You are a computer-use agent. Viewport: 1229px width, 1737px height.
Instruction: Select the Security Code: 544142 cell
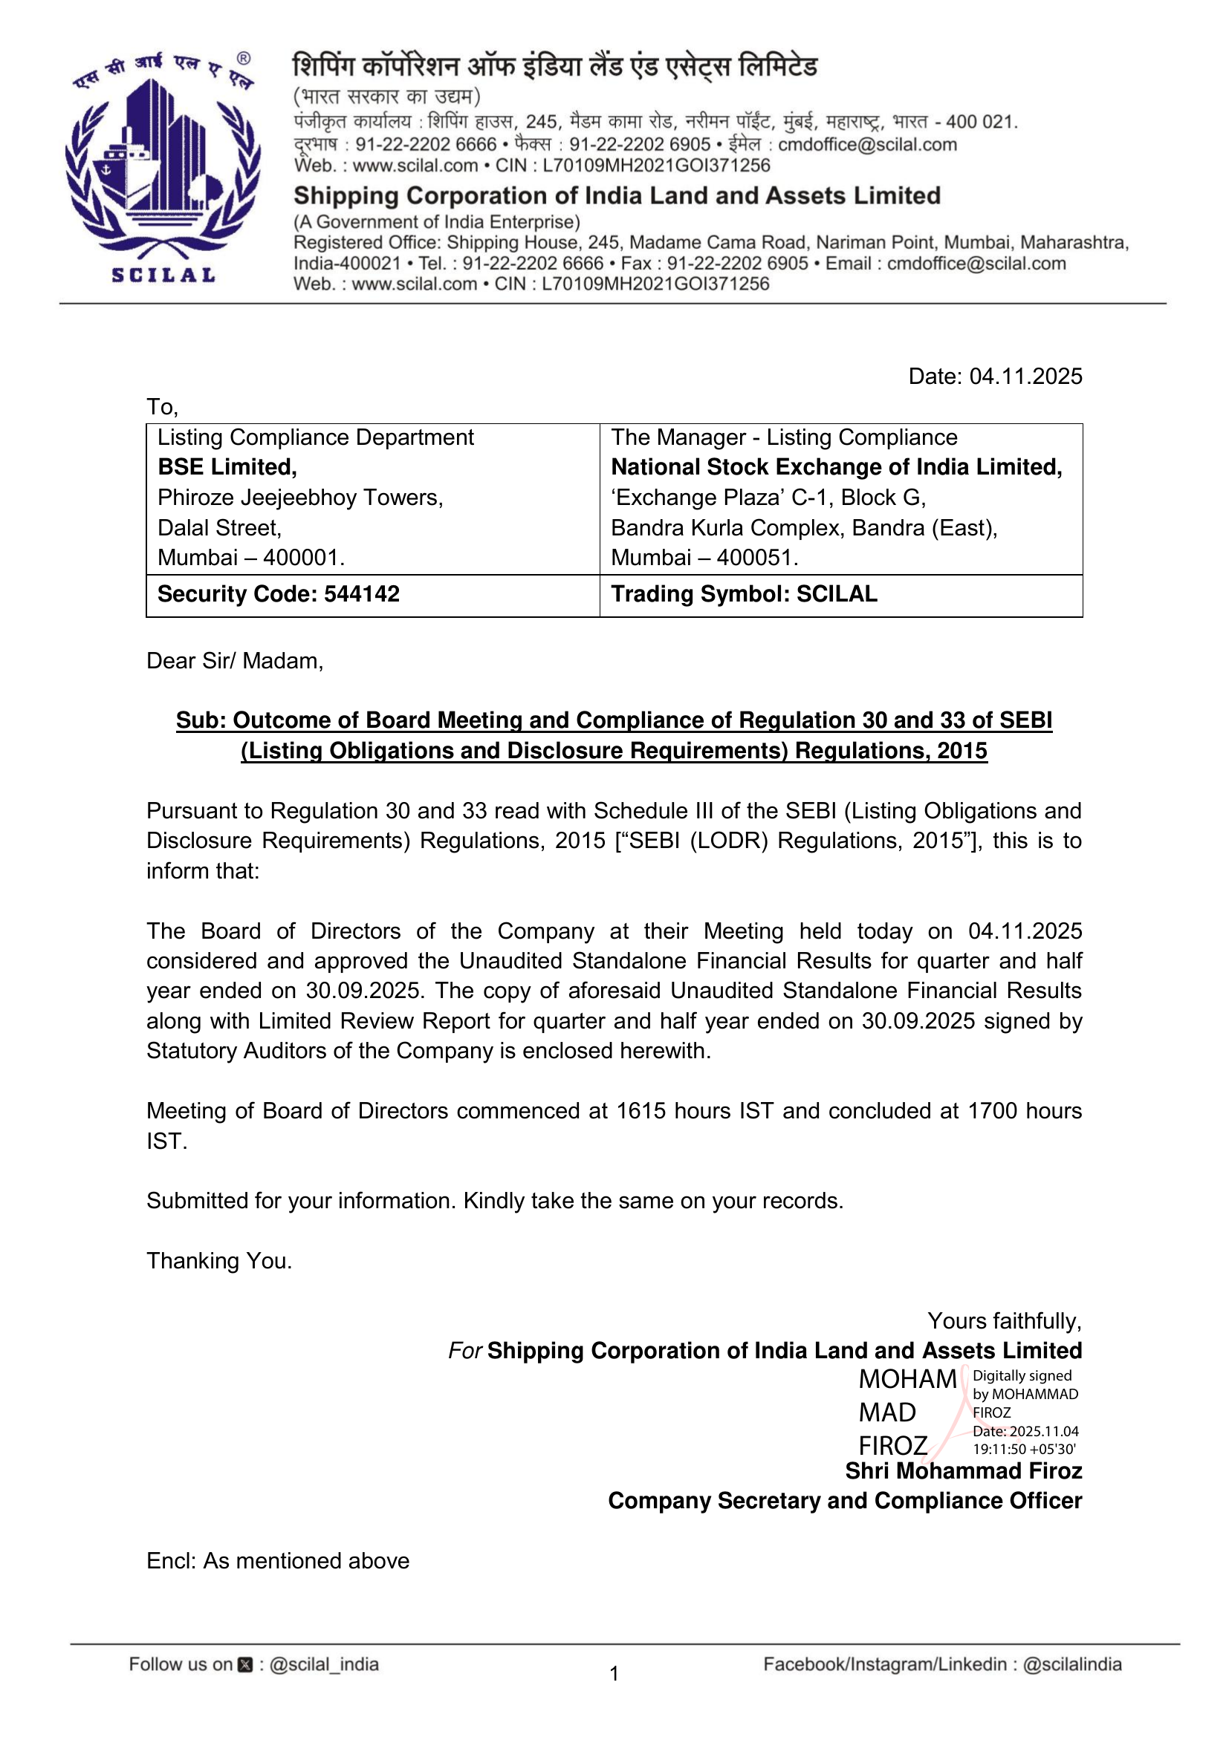tap(279, 594)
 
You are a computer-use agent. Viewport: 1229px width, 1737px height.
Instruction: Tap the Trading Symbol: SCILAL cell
tap(744, 594)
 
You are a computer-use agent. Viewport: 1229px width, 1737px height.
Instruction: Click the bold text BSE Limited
tap(227, 468)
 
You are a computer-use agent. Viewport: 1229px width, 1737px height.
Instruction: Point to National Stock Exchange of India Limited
tap(836, 468)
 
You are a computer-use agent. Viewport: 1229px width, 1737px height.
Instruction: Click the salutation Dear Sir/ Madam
tap(235, 661)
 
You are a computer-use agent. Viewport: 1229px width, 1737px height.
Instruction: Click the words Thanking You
tap(219, 1260)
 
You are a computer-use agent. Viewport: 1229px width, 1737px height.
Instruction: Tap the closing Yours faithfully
tap(1005, 1321)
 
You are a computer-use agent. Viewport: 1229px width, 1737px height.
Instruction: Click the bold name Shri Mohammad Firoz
tap(964, 1470)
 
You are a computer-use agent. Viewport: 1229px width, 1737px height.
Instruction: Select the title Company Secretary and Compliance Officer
tap(845, 1501)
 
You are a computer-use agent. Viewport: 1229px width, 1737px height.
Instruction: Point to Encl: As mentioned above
tap(278, 1561)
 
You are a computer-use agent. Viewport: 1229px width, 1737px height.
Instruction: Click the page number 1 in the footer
tap(614, 1673)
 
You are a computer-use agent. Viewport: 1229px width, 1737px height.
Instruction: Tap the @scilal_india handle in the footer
tap(324, 1664)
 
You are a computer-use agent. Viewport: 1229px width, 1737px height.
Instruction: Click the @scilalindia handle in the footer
tap(1071, 1664)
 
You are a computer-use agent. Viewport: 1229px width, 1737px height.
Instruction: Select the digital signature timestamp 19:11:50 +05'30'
tap(1024, 1450)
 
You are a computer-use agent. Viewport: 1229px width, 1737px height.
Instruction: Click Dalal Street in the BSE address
tap(219, 527)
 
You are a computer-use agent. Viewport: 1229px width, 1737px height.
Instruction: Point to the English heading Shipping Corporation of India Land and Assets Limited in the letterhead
tap(617, 196)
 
